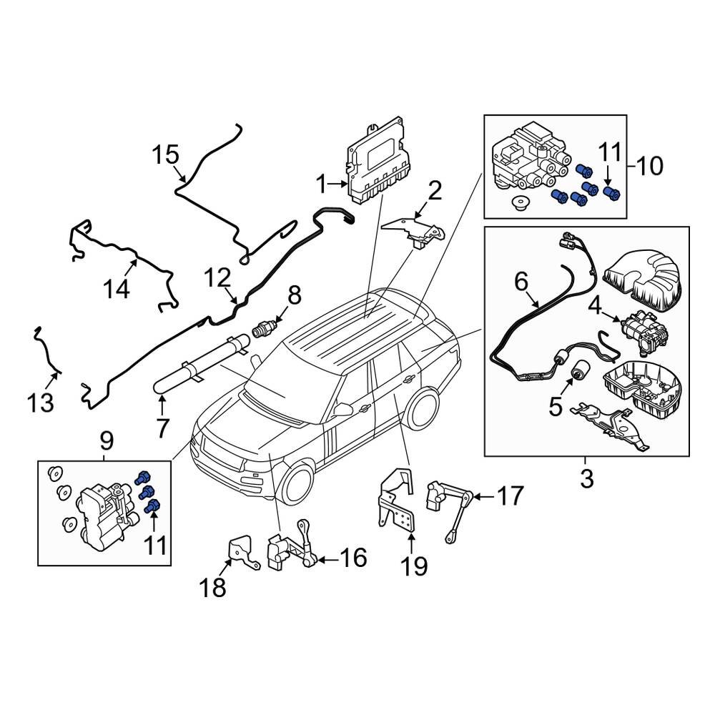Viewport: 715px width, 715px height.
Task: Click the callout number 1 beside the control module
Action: pos(322,185)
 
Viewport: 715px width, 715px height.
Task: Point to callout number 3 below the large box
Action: pos(586,479)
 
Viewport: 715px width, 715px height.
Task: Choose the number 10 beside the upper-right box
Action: pos(649,167)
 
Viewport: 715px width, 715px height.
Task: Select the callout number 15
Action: pos(165,154)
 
